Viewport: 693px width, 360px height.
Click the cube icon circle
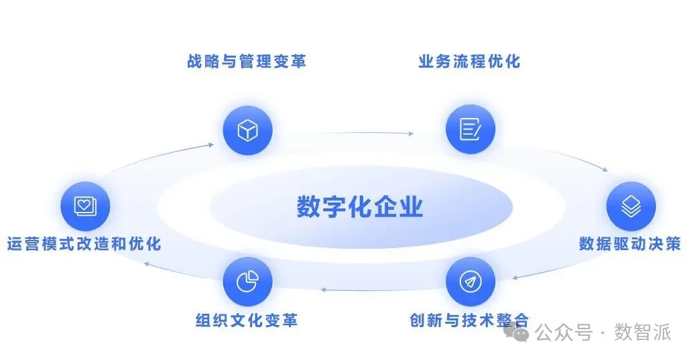248,130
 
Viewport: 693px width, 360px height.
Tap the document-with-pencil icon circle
470,129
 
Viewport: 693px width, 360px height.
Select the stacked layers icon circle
631,207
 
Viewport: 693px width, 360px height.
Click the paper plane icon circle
470,281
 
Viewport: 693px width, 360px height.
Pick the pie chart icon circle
248,281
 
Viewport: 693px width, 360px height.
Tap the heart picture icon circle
84,206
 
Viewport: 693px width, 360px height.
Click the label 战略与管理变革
247,62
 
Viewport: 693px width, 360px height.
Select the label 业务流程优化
469,62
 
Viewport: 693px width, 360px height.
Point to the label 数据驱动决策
629,243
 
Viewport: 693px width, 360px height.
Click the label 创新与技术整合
469,320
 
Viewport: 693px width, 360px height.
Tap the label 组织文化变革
247,320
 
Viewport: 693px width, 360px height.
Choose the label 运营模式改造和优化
84,243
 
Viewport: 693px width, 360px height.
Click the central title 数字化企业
360,206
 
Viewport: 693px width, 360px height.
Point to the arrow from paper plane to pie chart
362,290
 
